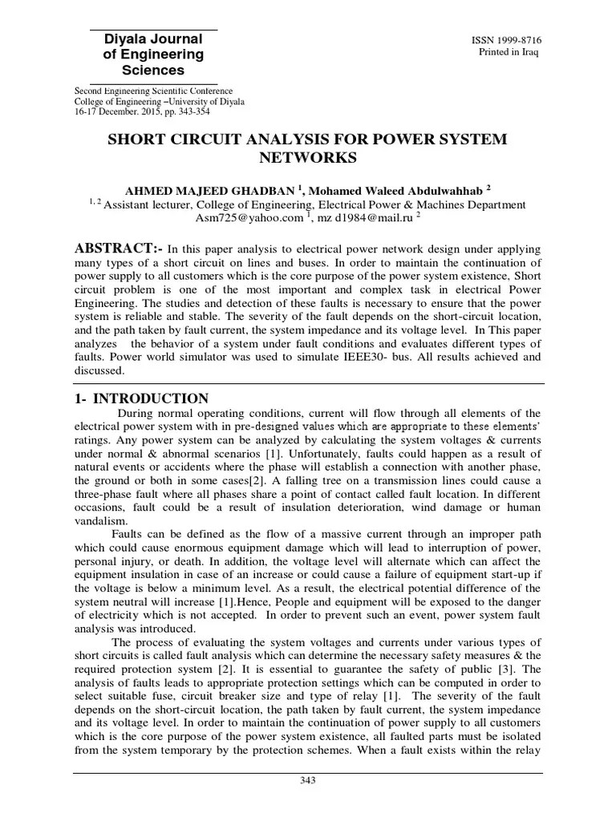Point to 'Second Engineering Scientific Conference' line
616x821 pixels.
coord(154,91)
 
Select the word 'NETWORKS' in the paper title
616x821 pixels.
coord(308,158)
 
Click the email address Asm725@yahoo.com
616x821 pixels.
coord(249,217)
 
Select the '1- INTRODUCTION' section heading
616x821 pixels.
coord(141,398)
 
